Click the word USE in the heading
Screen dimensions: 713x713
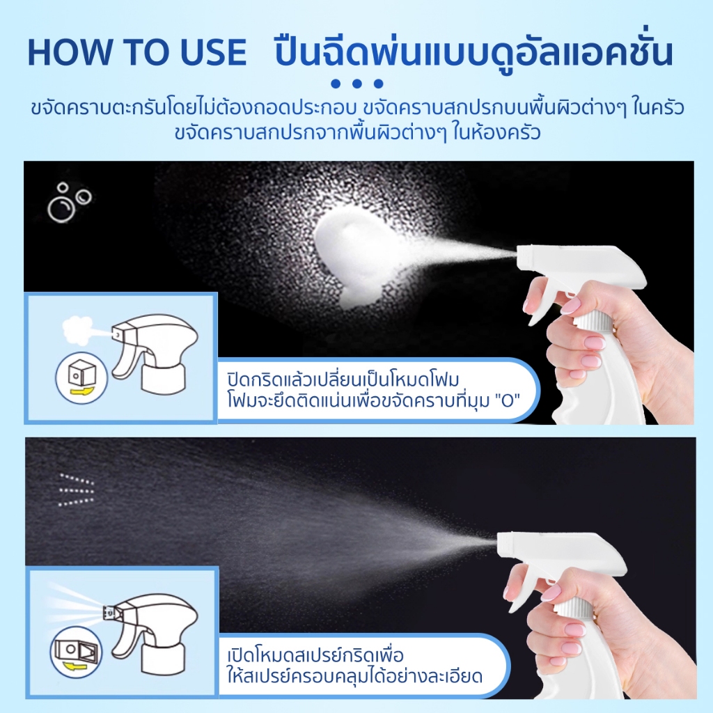(213, 52)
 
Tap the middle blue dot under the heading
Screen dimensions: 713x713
(357, 84)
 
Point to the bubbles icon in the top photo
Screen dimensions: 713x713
(69, 203)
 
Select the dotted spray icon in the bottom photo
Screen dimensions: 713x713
(77, 490)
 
